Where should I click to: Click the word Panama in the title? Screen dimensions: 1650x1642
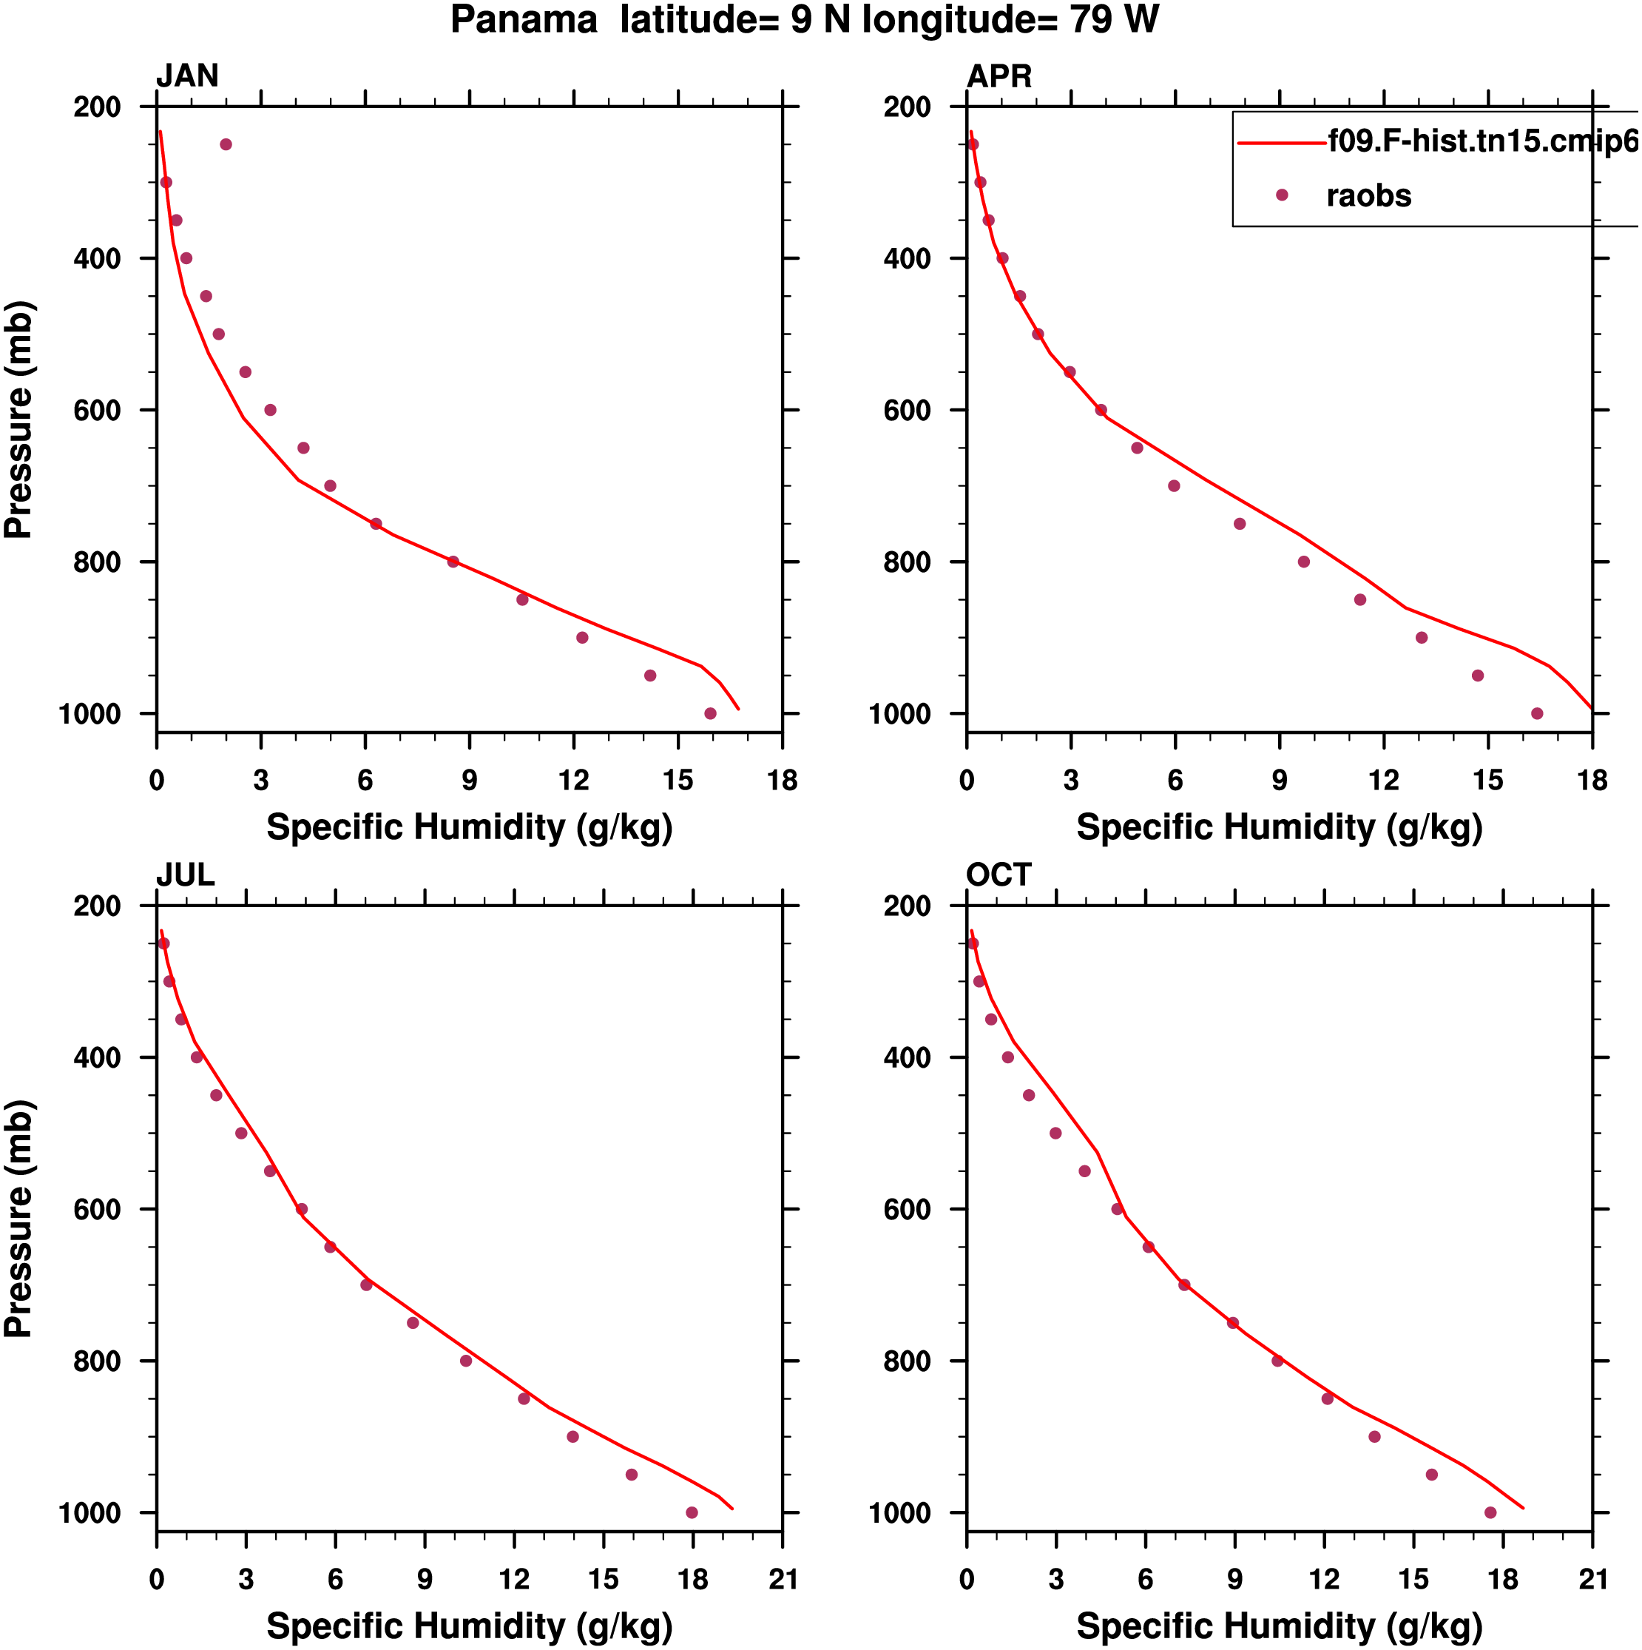(x=524, y=21)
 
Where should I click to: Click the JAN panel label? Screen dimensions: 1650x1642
(x=187, y=76)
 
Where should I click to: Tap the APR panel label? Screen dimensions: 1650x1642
(x=999, y=76)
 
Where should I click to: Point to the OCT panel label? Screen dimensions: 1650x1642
(x=999, y=875)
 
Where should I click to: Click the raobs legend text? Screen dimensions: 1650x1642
(x=1368, y=195)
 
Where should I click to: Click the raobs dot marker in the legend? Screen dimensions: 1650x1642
(x=1281, y=195)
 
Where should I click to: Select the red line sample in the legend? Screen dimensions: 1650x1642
(x=1281, y=143)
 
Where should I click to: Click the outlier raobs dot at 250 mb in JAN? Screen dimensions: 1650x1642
(x=226, y=144)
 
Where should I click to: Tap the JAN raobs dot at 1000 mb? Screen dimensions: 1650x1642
(x=709, y=713)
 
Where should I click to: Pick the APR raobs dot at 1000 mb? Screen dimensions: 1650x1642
(x=1537, y=713)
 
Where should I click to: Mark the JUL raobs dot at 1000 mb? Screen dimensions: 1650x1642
(x=692, y=1512)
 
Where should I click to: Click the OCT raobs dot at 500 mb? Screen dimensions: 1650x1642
(x=1055, y=1134)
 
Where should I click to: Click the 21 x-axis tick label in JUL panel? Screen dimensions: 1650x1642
(x=782, y=1579)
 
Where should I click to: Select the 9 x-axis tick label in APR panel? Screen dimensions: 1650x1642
(x=1279, y=781)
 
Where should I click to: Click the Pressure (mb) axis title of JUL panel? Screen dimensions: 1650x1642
(x=18, y=1219)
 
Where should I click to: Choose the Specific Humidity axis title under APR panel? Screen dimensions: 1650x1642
(x=1279, y=827)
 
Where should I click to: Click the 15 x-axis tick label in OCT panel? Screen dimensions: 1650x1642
(x=1413, y=1579)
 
